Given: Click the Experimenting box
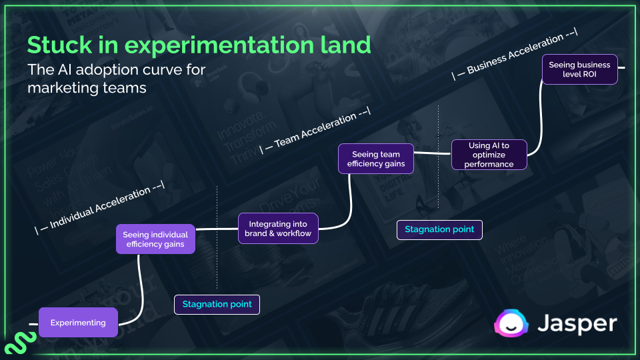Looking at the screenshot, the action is (x=78, y=323).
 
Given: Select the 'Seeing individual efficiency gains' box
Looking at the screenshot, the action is (x=155, y=239).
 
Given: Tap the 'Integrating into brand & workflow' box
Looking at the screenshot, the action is (x=278, y=229).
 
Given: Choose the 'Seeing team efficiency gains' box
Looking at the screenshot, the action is (x=376, y=159).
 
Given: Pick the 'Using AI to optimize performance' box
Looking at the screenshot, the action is (x=489, y=155).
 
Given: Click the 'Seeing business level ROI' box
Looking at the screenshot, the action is (x=579, y=69).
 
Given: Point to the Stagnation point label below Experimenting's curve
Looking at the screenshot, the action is (x=217, y=304).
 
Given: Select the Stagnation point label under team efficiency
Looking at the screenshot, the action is (x=439, y=229).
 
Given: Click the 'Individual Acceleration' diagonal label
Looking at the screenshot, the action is (x=100, y=206).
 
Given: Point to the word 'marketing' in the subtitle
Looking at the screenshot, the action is (x=64, y=87).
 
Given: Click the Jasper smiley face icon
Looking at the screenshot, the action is (x=511, y=323).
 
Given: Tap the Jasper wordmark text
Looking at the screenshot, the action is (x=578, y=323).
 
